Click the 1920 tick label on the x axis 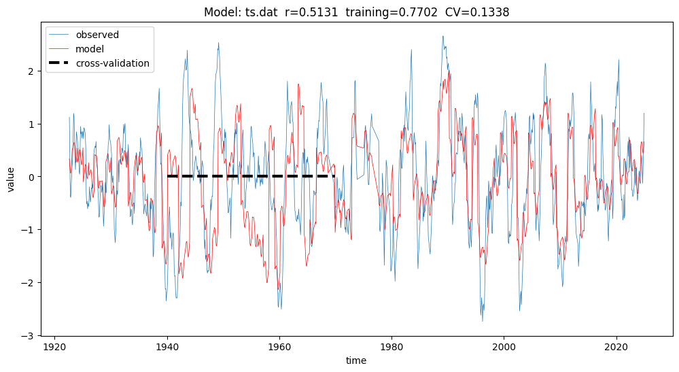coord(55,345)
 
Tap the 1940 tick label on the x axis coord(167,345)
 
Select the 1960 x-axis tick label coord(279,345)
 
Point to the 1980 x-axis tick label coord(391,345)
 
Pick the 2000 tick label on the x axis coord(504,345)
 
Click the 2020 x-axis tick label coord(616,345)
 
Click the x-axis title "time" coord(355,360)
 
